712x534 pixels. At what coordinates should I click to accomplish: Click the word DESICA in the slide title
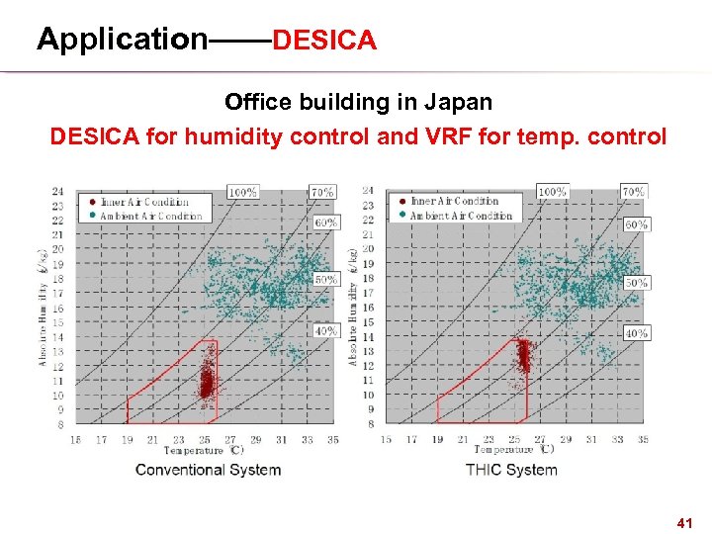click(x=324, y=41)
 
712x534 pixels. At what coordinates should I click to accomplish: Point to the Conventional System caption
click(x=208, y=469)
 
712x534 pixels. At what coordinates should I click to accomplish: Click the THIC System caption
click(x=511, y=469)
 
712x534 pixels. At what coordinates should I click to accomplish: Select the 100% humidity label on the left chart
click(x=243, y=192)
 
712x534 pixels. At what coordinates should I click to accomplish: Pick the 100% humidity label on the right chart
click(x=553, y=192)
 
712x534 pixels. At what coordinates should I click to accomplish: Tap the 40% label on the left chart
click(x=325, y=331)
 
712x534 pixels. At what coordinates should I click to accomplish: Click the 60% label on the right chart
click(x=636, y=224)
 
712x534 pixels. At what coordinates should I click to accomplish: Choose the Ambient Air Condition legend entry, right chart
click(x=454, y=216)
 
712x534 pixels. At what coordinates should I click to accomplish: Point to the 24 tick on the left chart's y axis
click(x=57, y=192)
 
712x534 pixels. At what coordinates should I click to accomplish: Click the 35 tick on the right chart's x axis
click(x=643, y=439)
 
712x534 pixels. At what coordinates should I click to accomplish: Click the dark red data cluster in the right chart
click(x=522, y=356)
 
